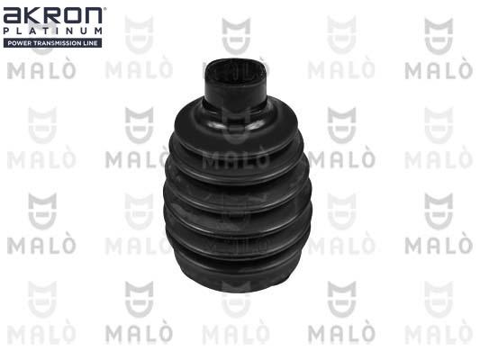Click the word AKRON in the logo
(x=52, y=15)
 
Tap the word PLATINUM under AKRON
(x=52, y=31)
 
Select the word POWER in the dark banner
(x=20, y=43)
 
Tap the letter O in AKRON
(x=73, y=15)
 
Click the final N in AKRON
(x=93, y=15)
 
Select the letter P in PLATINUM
(x=6, y=31)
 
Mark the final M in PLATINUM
(x=98, y=31)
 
